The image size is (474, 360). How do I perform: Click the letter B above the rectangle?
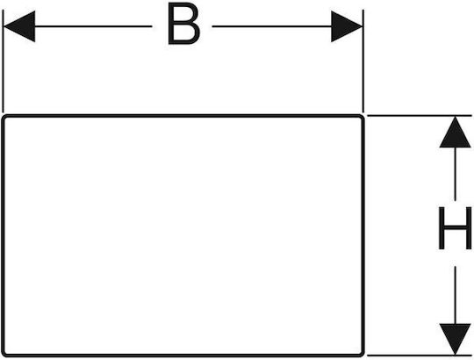pyautogui.click(x=183, y=24)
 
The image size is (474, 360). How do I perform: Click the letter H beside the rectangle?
pyautogui.click(x=455, y=228)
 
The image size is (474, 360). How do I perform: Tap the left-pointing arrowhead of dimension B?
pyautogui.click(x=19, y=26)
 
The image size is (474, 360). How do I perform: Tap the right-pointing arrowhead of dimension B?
pyautogui.click(x=347, y=26)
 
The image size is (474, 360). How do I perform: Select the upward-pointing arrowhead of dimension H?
pyautogui.click(x=455, y=132)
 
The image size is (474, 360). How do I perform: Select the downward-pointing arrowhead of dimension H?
pyautogui.click(x=455, y=339)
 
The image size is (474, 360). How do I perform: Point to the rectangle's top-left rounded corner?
pyautogui.click(x=4, y=118)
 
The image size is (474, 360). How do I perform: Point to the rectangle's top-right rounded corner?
pyautogui.click(x=362, y=118)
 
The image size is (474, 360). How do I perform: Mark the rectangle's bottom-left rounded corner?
pyautogui.click(x=4, y=354)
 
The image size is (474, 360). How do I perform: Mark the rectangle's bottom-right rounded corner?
pyautogui.click(x=362, y=354)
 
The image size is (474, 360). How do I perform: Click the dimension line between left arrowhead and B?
pyautogui.click(x=93, y=26)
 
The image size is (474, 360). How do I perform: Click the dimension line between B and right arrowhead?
pyautogui.click(x=272, y=26)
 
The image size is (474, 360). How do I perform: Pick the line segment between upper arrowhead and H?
pyautogui.click(x=455, y=174)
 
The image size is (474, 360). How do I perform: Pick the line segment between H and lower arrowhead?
pyautogui.click(x=455, y=295)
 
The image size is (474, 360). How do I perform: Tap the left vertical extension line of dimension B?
pyautogui.click(x=3, y=61)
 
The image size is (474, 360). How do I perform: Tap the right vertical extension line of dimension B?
pyautogui.click(x=363, y=61)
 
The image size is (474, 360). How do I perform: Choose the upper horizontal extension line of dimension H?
pyautogui.click(x=420, y=116)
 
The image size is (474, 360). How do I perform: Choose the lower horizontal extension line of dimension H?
pyautogui.click(x=420, y=356)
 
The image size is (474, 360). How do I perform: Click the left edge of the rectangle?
pyautogui.click(x=3, y=236)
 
